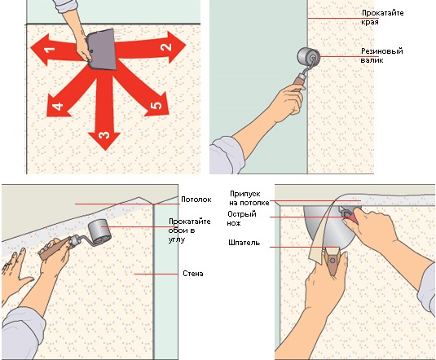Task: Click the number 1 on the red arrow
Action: [50, 50]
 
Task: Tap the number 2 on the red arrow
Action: [166, 46]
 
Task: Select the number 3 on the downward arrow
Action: [104, 135]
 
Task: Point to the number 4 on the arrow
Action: [58, 106]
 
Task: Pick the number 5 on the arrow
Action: [156, 105]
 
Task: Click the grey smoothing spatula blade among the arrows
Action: [102, 50]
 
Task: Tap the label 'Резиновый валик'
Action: [381, 55]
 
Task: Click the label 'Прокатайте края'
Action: [382, 17]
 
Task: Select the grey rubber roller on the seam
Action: [308, 56]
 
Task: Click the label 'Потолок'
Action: [196, 200]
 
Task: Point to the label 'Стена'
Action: [193, 274]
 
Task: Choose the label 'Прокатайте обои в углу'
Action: [189, 230]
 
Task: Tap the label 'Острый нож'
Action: [242, 218]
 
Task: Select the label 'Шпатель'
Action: [244, 243]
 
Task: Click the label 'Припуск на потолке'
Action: [249, 198]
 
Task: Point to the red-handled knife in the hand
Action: [350, 216]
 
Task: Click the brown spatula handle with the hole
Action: [333, 261]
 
